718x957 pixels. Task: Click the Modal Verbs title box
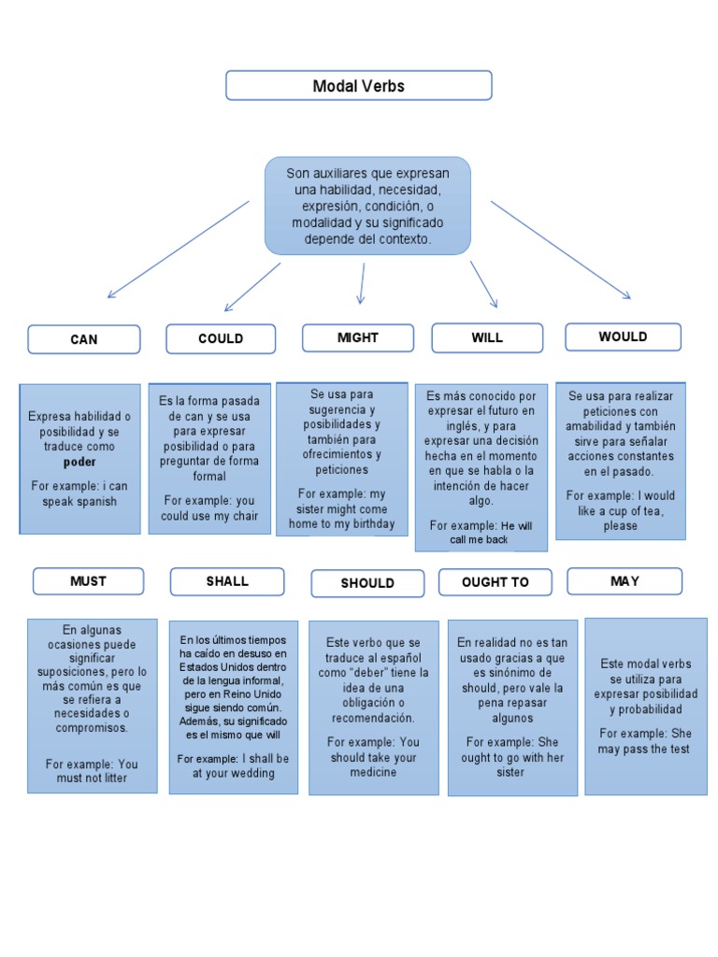click(x=358, y=86)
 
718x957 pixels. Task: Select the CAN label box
click(x=84, y=339)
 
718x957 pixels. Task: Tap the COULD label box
click(x=221, y=338)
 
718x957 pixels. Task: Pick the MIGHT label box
click(x=357, y=337)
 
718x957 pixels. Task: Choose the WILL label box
click(x=486, y=337)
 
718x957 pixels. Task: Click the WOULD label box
click(x=623, y=336)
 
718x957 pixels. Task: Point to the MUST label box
click(x=88, y=580)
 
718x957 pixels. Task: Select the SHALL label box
click(x=227, y=580)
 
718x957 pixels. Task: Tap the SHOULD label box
click(x=367, y=582)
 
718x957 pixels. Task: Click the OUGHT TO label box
click(x=495, y=581)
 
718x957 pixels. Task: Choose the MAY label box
click(x=625, y=580)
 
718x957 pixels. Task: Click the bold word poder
click(x=79, y=462)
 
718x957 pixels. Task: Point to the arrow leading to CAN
click(x=178, y=250)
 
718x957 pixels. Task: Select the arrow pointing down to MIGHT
click(x=362, y=282)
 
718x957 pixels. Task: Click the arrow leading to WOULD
click(x=561, y=250)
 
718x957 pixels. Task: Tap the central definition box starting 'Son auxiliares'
click(x=367, y=206)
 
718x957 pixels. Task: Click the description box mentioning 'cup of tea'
click(x=620, y=460)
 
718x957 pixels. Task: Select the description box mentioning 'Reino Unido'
click(x=234, y=707)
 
